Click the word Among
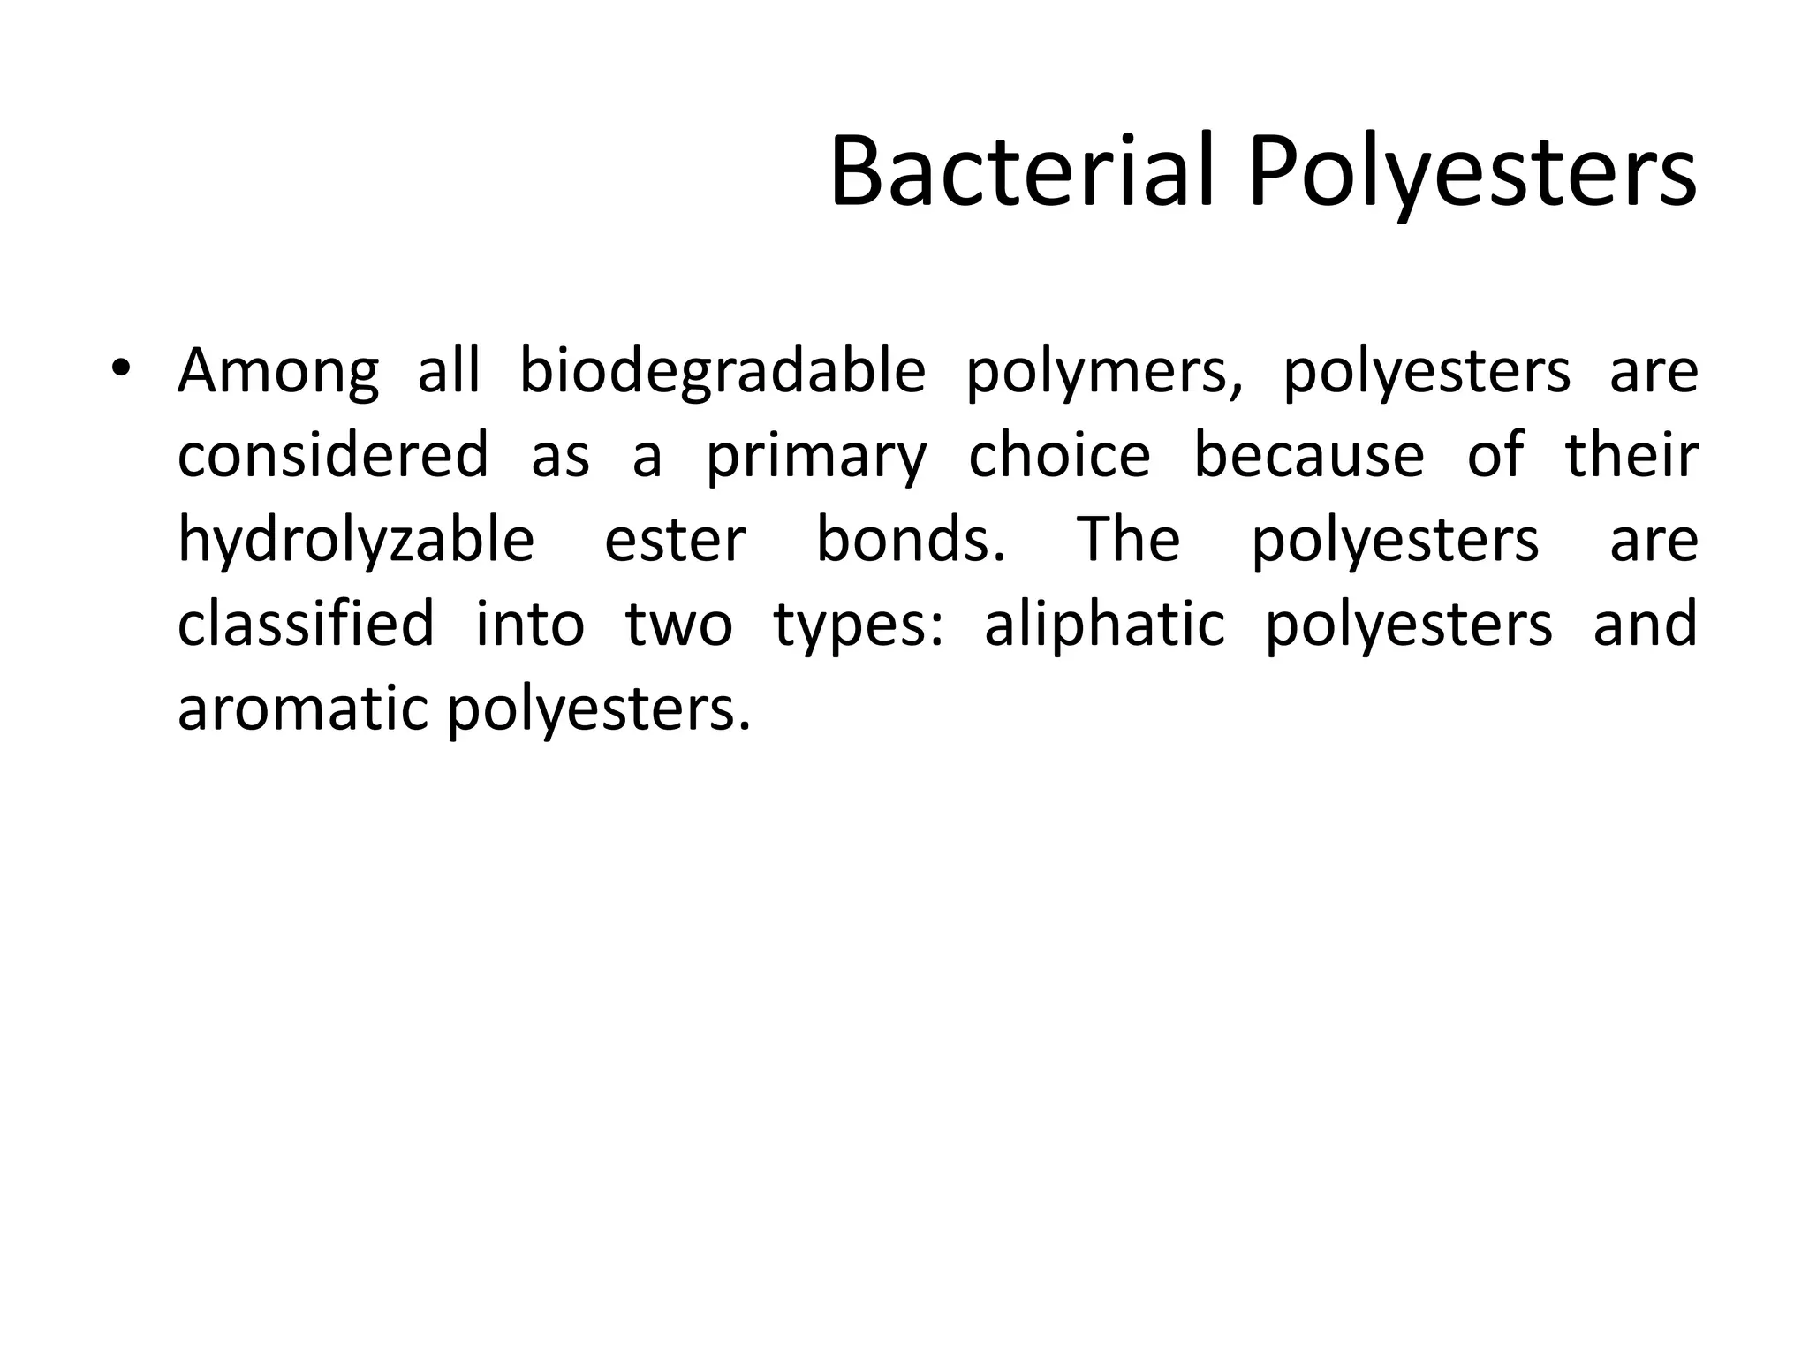pyautogui.click(x=278, y=371)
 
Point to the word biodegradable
pyautogui.click(x=722, y=371)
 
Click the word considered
pyautogui.click(x=333, y=454)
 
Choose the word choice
pyautogui.click(x=1060, y=454)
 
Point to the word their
pyautogui.click(x=1631, y=454)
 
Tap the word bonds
pyautogui.click(x=910, y=539)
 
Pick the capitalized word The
pyautogui.click(x=1129, y=539)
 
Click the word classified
pyautogui.click(x=306, y=624)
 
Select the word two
pyautogui.click(x=678, y=624)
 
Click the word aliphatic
pyautogui.click(x=1105, y=624)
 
